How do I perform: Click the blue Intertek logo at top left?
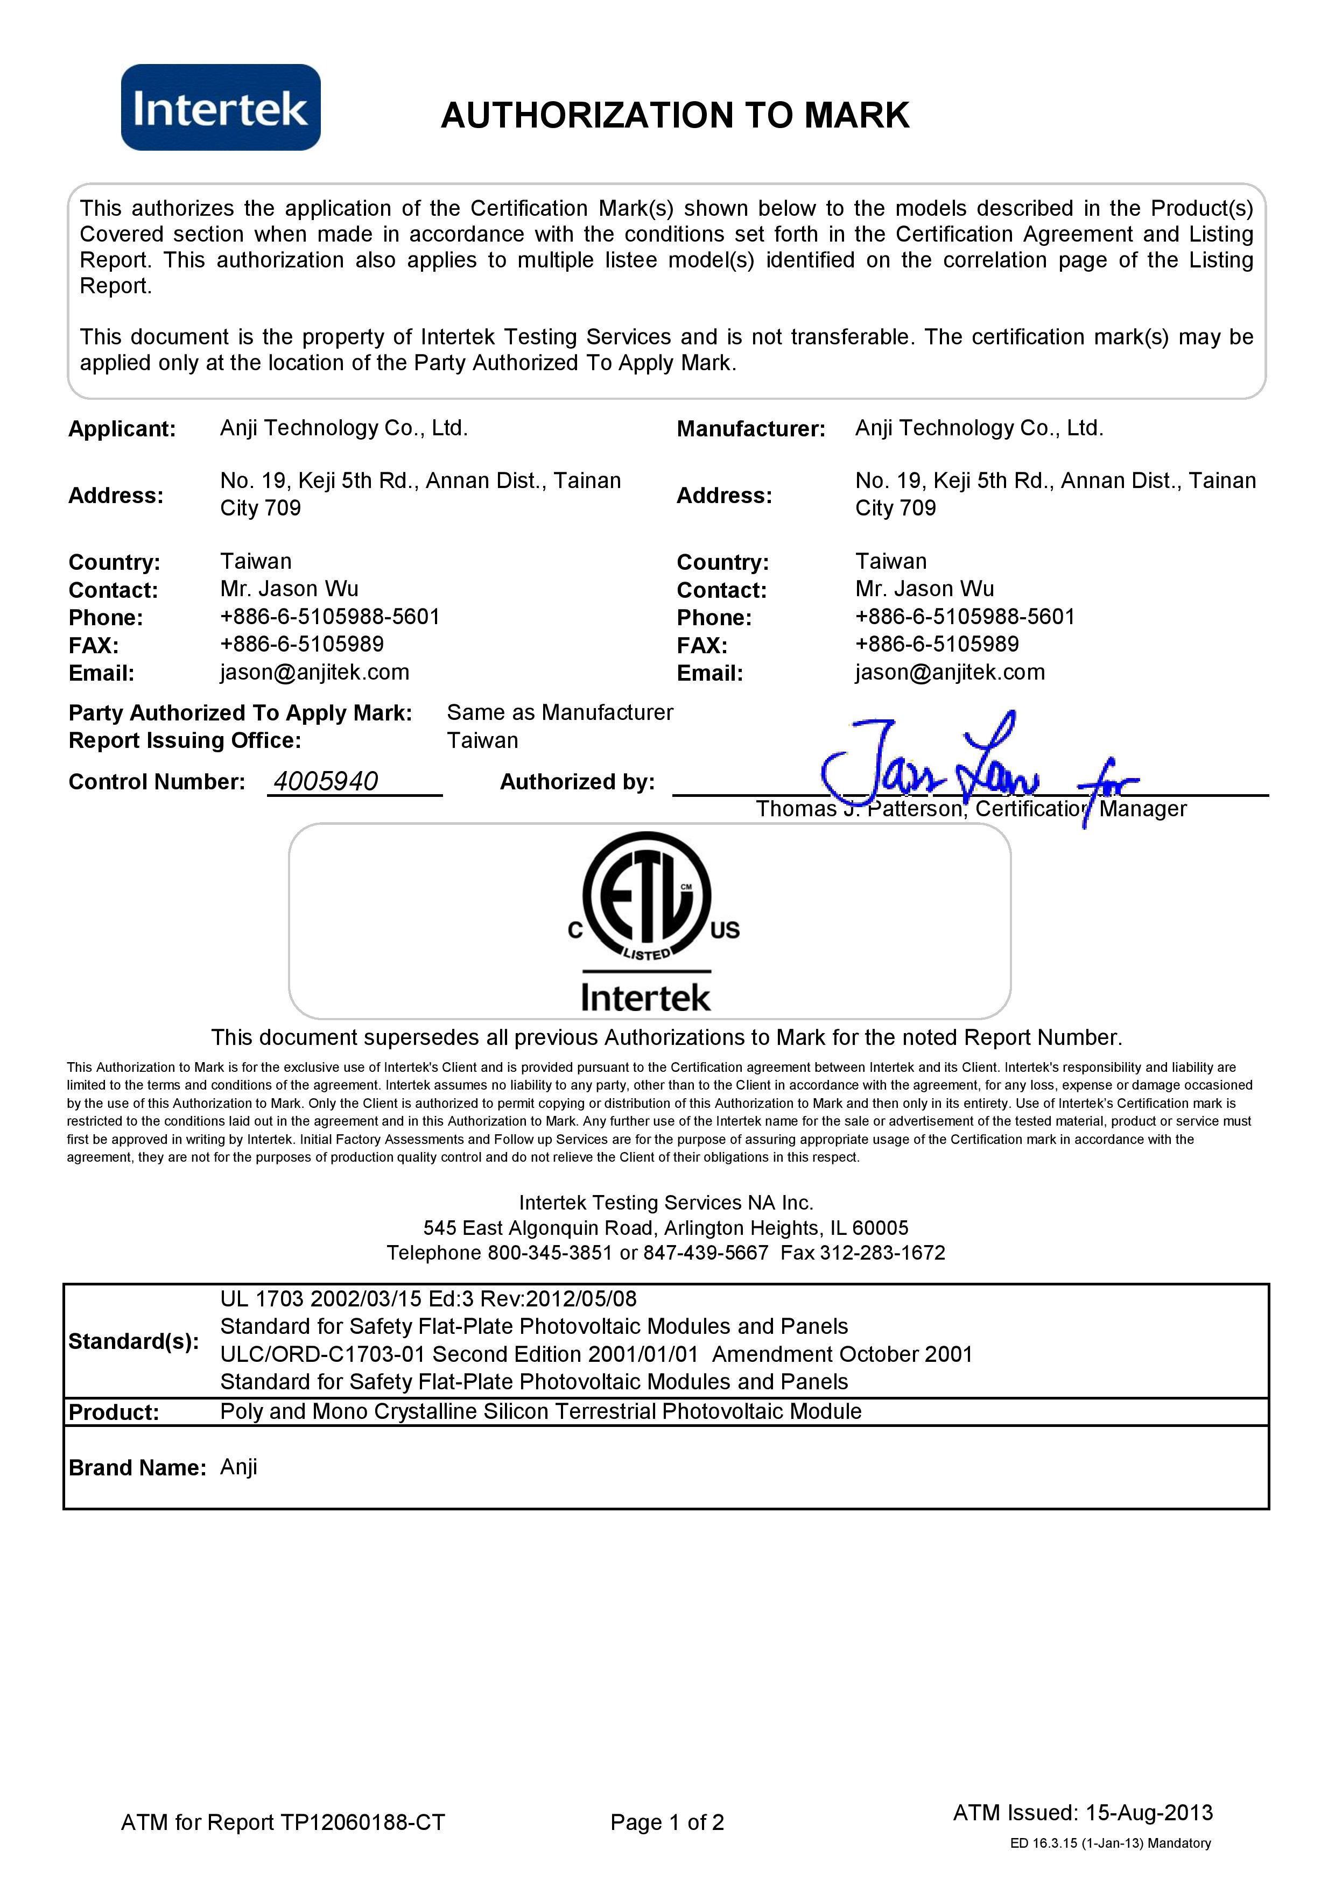[220, 108]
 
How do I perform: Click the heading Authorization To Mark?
[675, 115]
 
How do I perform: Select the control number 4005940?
[326, 781]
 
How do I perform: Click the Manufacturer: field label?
[750, 429]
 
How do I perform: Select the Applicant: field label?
[122, 429]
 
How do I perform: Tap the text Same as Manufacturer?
[560, 712]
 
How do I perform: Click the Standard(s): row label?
[133, 1341]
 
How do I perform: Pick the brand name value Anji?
[238, 1467]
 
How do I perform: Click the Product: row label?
[114, 1412]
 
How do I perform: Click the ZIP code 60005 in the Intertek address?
[881, 1228]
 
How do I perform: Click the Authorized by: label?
[577, 782]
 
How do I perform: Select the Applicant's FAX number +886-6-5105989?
[301, 645]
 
